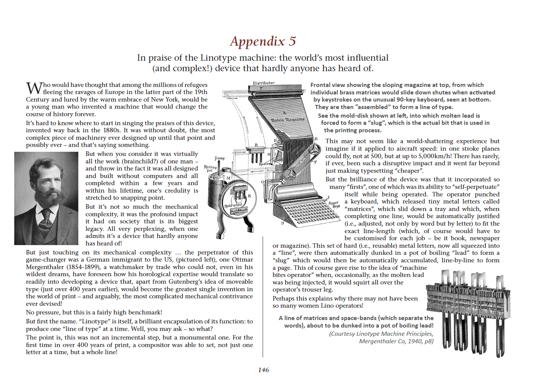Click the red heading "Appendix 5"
click(263, 41)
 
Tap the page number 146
click(263, 370)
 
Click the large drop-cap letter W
click(34, 88)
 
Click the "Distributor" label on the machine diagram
click(263, 83)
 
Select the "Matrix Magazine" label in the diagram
click(288, 119)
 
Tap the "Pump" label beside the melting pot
click(220, 158)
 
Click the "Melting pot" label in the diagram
click(210, 169)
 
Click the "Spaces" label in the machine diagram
click(264, 164)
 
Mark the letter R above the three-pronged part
click(256, 145)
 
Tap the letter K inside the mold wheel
click(250, 196)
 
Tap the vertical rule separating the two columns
click(263, 300)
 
